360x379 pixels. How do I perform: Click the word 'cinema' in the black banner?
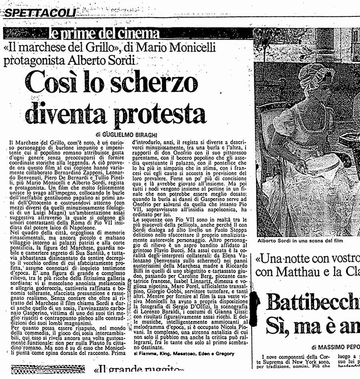coord(138,33)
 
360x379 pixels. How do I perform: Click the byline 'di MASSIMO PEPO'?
coord(333,347)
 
